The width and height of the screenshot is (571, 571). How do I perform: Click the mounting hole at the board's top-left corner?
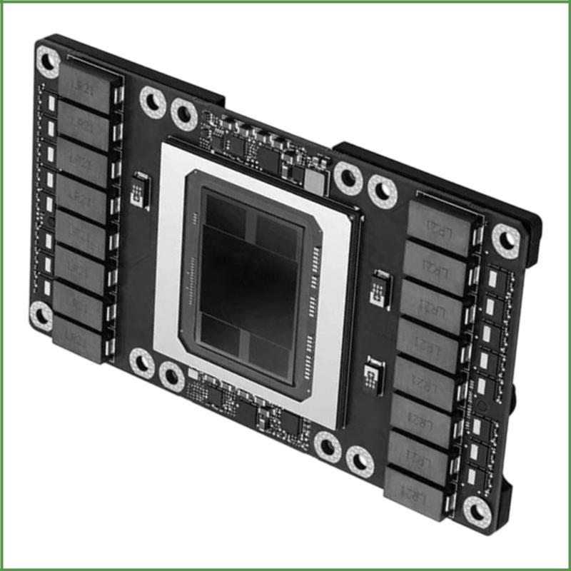click(x=48, y=61)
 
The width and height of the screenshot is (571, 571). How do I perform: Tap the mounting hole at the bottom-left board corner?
click(x=41, y=314)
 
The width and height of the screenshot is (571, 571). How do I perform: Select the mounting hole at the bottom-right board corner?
click(x=476, y=509)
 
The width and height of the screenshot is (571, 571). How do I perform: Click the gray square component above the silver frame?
click(x=314, y=178)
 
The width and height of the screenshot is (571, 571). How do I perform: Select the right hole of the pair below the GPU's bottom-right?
click(x=359, y=460)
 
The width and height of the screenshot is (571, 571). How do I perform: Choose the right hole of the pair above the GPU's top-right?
click(x=382, y=191)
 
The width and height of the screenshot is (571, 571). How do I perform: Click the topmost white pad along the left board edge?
click(x=51, y=102)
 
